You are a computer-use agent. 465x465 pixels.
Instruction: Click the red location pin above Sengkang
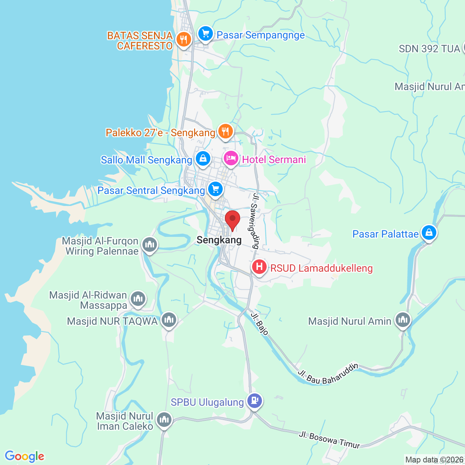[232, 219]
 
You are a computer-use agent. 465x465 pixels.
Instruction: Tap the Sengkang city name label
[219, 240]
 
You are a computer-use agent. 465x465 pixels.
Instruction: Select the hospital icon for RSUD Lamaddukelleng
[259, 267]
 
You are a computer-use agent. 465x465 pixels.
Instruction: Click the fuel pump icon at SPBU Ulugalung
[255, 401]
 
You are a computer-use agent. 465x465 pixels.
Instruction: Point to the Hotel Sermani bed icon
[231, 158]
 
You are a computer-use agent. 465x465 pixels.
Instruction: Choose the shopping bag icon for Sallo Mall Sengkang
[203, 159]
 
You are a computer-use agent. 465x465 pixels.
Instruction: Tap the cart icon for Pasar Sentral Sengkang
[215, 189]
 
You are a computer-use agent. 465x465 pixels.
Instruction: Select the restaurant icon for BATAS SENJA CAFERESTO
[183, 40]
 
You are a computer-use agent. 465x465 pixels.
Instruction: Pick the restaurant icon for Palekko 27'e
[225, 131]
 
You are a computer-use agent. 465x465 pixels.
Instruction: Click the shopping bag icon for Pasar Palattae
[429, 232]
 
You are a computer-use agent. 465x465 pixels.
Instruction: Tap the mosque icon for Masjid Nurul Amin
[403, 320]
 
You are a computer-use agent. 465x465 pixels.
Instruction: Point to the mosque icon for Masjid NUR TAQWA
[169, 320]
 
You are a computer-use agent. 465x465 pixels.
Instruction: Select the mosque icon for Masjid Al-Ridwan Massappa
[138, 299]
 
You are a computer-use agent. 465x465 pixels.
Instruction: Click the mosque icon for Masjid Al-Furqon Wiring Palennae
[149, 244]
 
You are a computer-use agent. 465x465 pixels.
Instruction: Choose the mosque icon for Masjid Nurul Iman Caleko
[164, 420]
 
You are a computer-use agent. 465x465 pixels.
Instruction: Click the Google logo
[24, 456]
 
